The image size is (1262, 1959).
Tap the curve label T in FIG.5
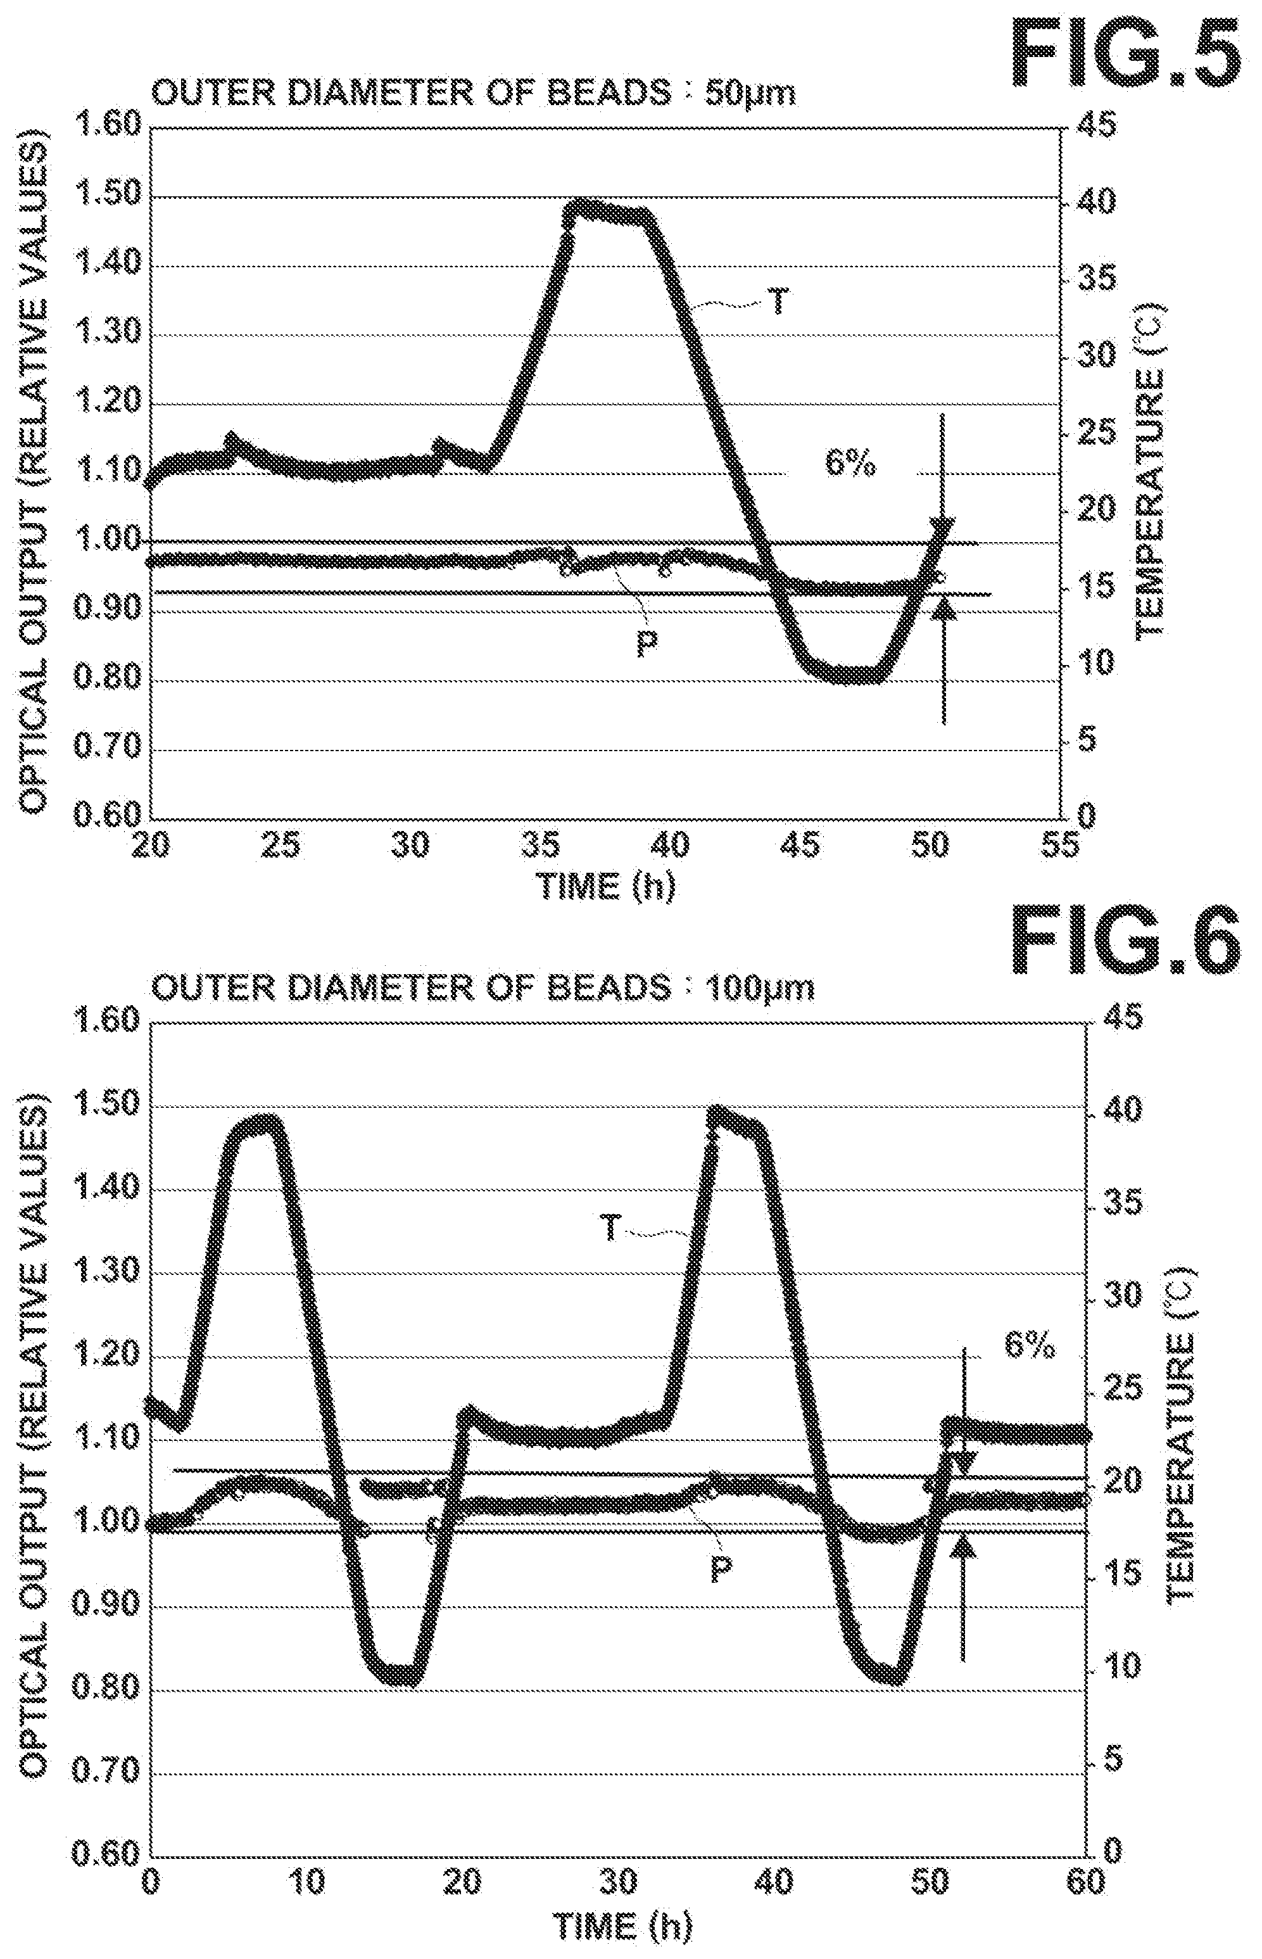point(778,303)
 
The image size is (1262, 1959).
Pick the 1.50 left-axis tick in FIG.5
point(108,197)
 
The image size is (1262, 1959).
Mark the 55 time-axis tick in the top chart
point(1061,844)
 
